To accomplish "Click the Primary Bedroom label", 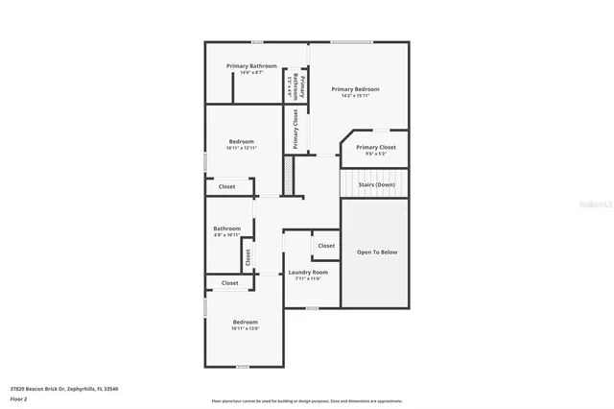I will (x=355, y=89).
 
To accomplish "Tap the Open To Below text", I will (x=377, y=253).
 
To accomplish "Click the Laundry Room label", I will (x=308, y=273).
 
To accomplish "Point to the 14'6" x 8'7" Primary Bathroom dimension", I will (x=251, y=73).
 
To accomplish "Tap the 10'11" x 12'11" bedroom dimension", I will (x=241, y=148).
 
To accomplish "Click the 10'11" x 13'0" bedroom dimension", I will (x=245, y=329).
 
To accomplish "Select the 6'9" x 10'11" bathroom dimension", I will (x=226, y=235).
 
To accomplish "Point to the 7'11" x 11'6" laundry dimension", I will (x=308, y=279).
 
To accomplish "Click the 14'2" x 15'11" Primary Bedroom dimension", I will (x=355, y=96).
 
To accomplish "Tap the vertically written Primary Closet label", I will (x=295, y=130).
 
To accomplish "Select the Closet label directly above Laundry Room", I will (x=326, y=246).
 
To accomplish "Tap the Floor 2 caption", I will (x=18, y=397).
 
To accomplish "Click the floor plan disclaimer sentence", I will (x=307, y=401).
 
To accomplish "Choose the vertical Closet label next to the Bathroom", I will (x=248, y=257).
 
